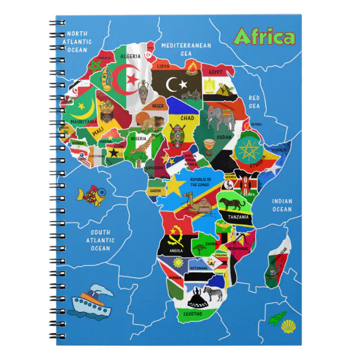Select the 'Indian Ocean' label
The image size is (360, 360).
tap(282, 205)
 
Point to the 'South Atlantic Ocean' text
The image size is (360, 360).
tap(101, 240)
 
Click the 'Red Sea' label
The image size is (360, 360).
tap(254, 102)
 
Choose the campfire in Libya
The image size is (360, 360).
tap(192, 69)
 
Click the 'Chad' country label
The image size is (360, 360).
tap(187, 118)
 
